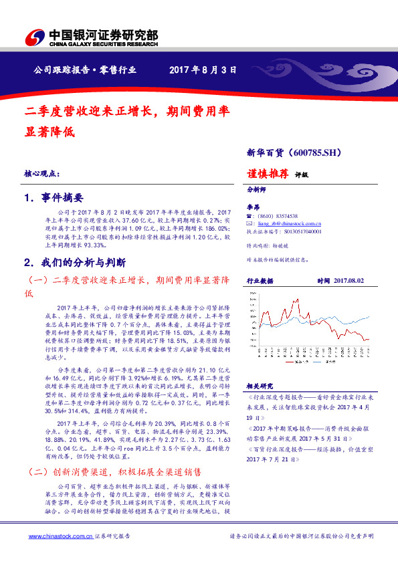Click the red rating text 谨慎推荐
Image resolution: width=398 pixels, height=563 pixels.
[x=268, y=173]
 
